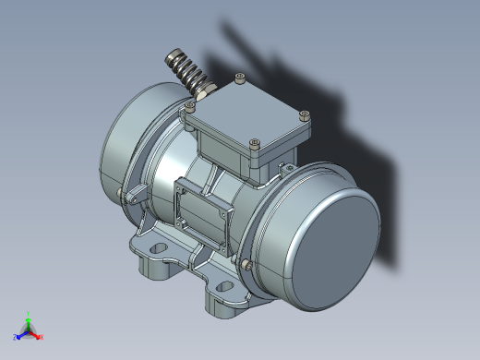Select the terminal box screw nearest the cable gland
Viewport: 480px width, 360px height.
191,107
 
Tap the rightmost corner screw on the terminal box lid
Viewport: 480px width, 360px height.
305,115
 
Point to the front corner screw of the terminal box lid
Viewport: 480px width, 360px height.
255,143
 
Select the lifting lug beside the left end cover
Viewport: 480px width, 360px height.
135,195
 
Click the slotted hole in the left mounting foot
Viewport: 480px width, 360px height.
154,249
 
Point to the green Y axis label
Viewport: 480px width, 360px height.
30,314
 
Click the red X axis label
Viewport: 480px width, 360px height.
42,337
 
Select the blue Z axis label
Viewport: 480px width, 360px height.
16,337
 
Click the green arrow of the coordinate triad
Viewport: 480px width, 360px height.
30,322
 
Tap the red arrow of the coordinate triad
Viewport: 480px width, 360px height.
35,333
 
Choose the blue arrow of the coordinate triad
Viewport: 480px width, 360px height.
22,334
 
